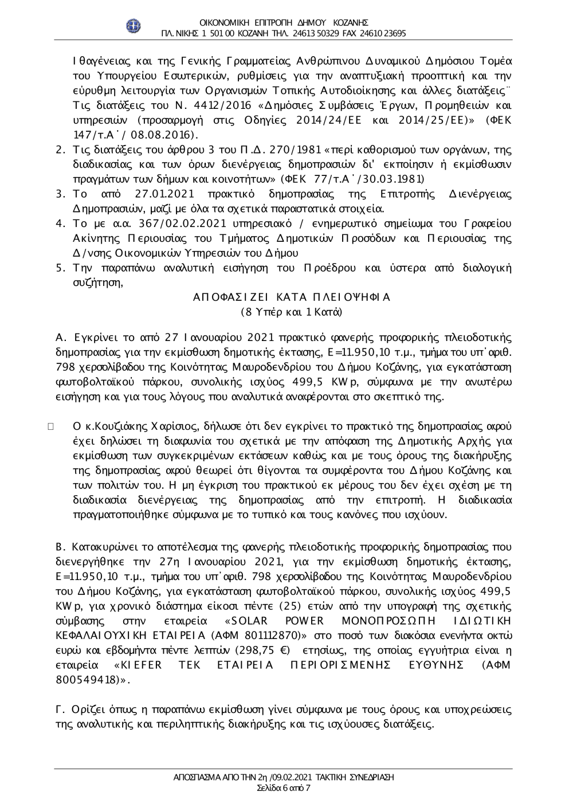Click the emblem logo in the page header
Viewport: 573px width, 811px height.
click(x=134, y=26)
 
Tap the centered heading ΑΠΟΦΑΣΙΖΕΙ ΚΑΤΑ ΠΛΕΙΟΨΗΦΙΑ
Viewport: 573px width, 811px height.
click(x=292, y=297)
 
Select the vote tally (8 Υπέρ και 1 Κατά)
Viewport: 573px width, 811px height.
click(x=292, y=312)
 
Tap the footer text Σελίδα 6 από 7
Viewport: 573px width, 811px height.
click(x=284, y=788)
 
